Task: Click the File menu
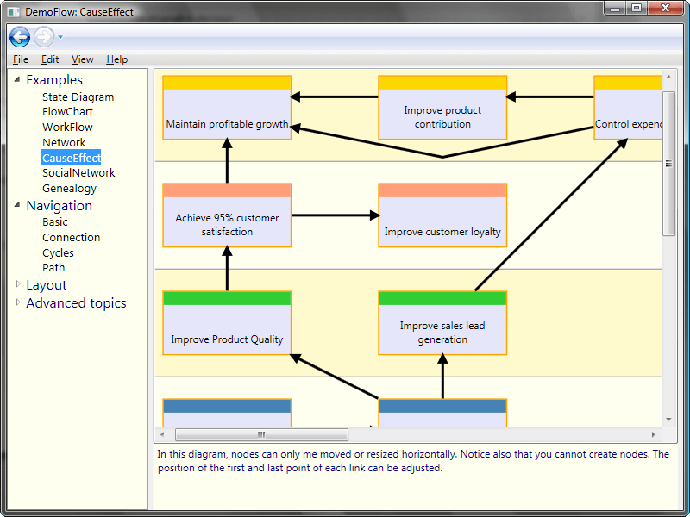tap(21, 59)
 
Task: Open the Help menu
tap(116, 59)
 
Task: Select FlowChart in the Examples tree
tap(67, 112)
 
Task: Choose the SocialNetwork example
tap(78, 173)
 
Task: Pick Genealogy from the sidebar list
tap(69, 189)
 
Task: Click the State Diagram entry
tap(78, 97)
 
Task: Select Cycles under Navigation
tap(58, 253)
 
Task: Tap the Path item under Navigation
tap(53, 268)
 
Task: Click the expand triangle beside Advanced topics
tap(19, 302)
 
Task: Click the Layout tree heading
tap(46, 285)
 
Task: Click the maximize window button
tap(636, 9)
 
